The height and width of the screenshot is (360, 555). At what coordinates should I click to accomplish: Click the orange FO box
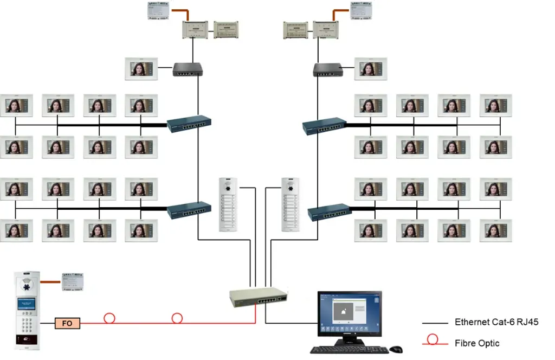pyautogui.click(x=68, y=324)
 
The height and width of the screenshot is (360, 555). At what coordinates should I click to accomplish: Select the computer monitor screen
pyautogui.click(x=349, y=312)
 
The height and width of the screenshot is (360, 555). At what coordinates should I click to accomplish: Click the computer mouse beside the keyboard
pyautogui.click(x=396, y=349)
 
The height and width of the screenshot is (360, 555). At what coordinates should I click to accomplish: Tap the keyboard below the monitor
pyautogui.click(x=349, y=350)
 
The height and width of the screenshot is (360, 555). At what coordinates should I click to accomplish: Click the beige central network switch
pyautogui.click(x=258, y=297)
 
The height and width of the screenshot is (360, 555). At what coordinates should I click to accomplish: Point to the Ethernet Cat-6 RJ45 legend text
pyautogui.click(x=496, y=322)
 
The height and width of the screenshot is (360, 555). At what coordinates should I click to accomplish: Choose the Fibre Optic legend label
pyautogui.click(x=477, y=343)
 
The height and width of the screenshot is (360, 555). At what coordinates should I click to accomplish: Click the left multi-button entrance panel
pyautogui.click(x=228, y=204)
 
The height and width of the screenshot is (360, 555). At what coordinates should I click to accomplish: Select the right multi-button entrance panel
pyautogui.click(x=291, y=204)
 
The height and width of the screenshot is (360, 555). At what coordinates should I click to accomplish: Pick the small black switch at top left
pyautogui.click(x=188, y=69)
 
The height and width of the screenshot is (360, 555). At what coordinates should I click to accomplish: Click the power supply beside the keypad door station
pyautogui.click(x=72, y=281)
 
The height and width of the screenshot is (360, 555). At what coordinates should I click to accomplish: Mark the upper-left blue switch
pyautogui.click(x=188, y=124)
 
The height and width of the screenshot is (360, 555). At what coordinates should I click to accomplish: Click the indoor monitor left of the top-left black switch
pyautogui.click(x=141, y=69)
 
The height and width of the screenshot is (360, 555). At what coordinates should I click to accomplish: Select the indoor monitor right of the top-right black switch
pyautogui.click(x=371, y=69)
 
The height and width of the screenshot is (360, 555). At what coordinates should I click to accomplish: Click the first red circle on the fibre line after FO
pyautogui.click(x=109, y=318)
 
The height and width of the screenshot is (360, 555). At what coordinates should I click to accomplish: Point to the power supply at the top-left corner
pyautogui.click(x=158, y=11)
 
